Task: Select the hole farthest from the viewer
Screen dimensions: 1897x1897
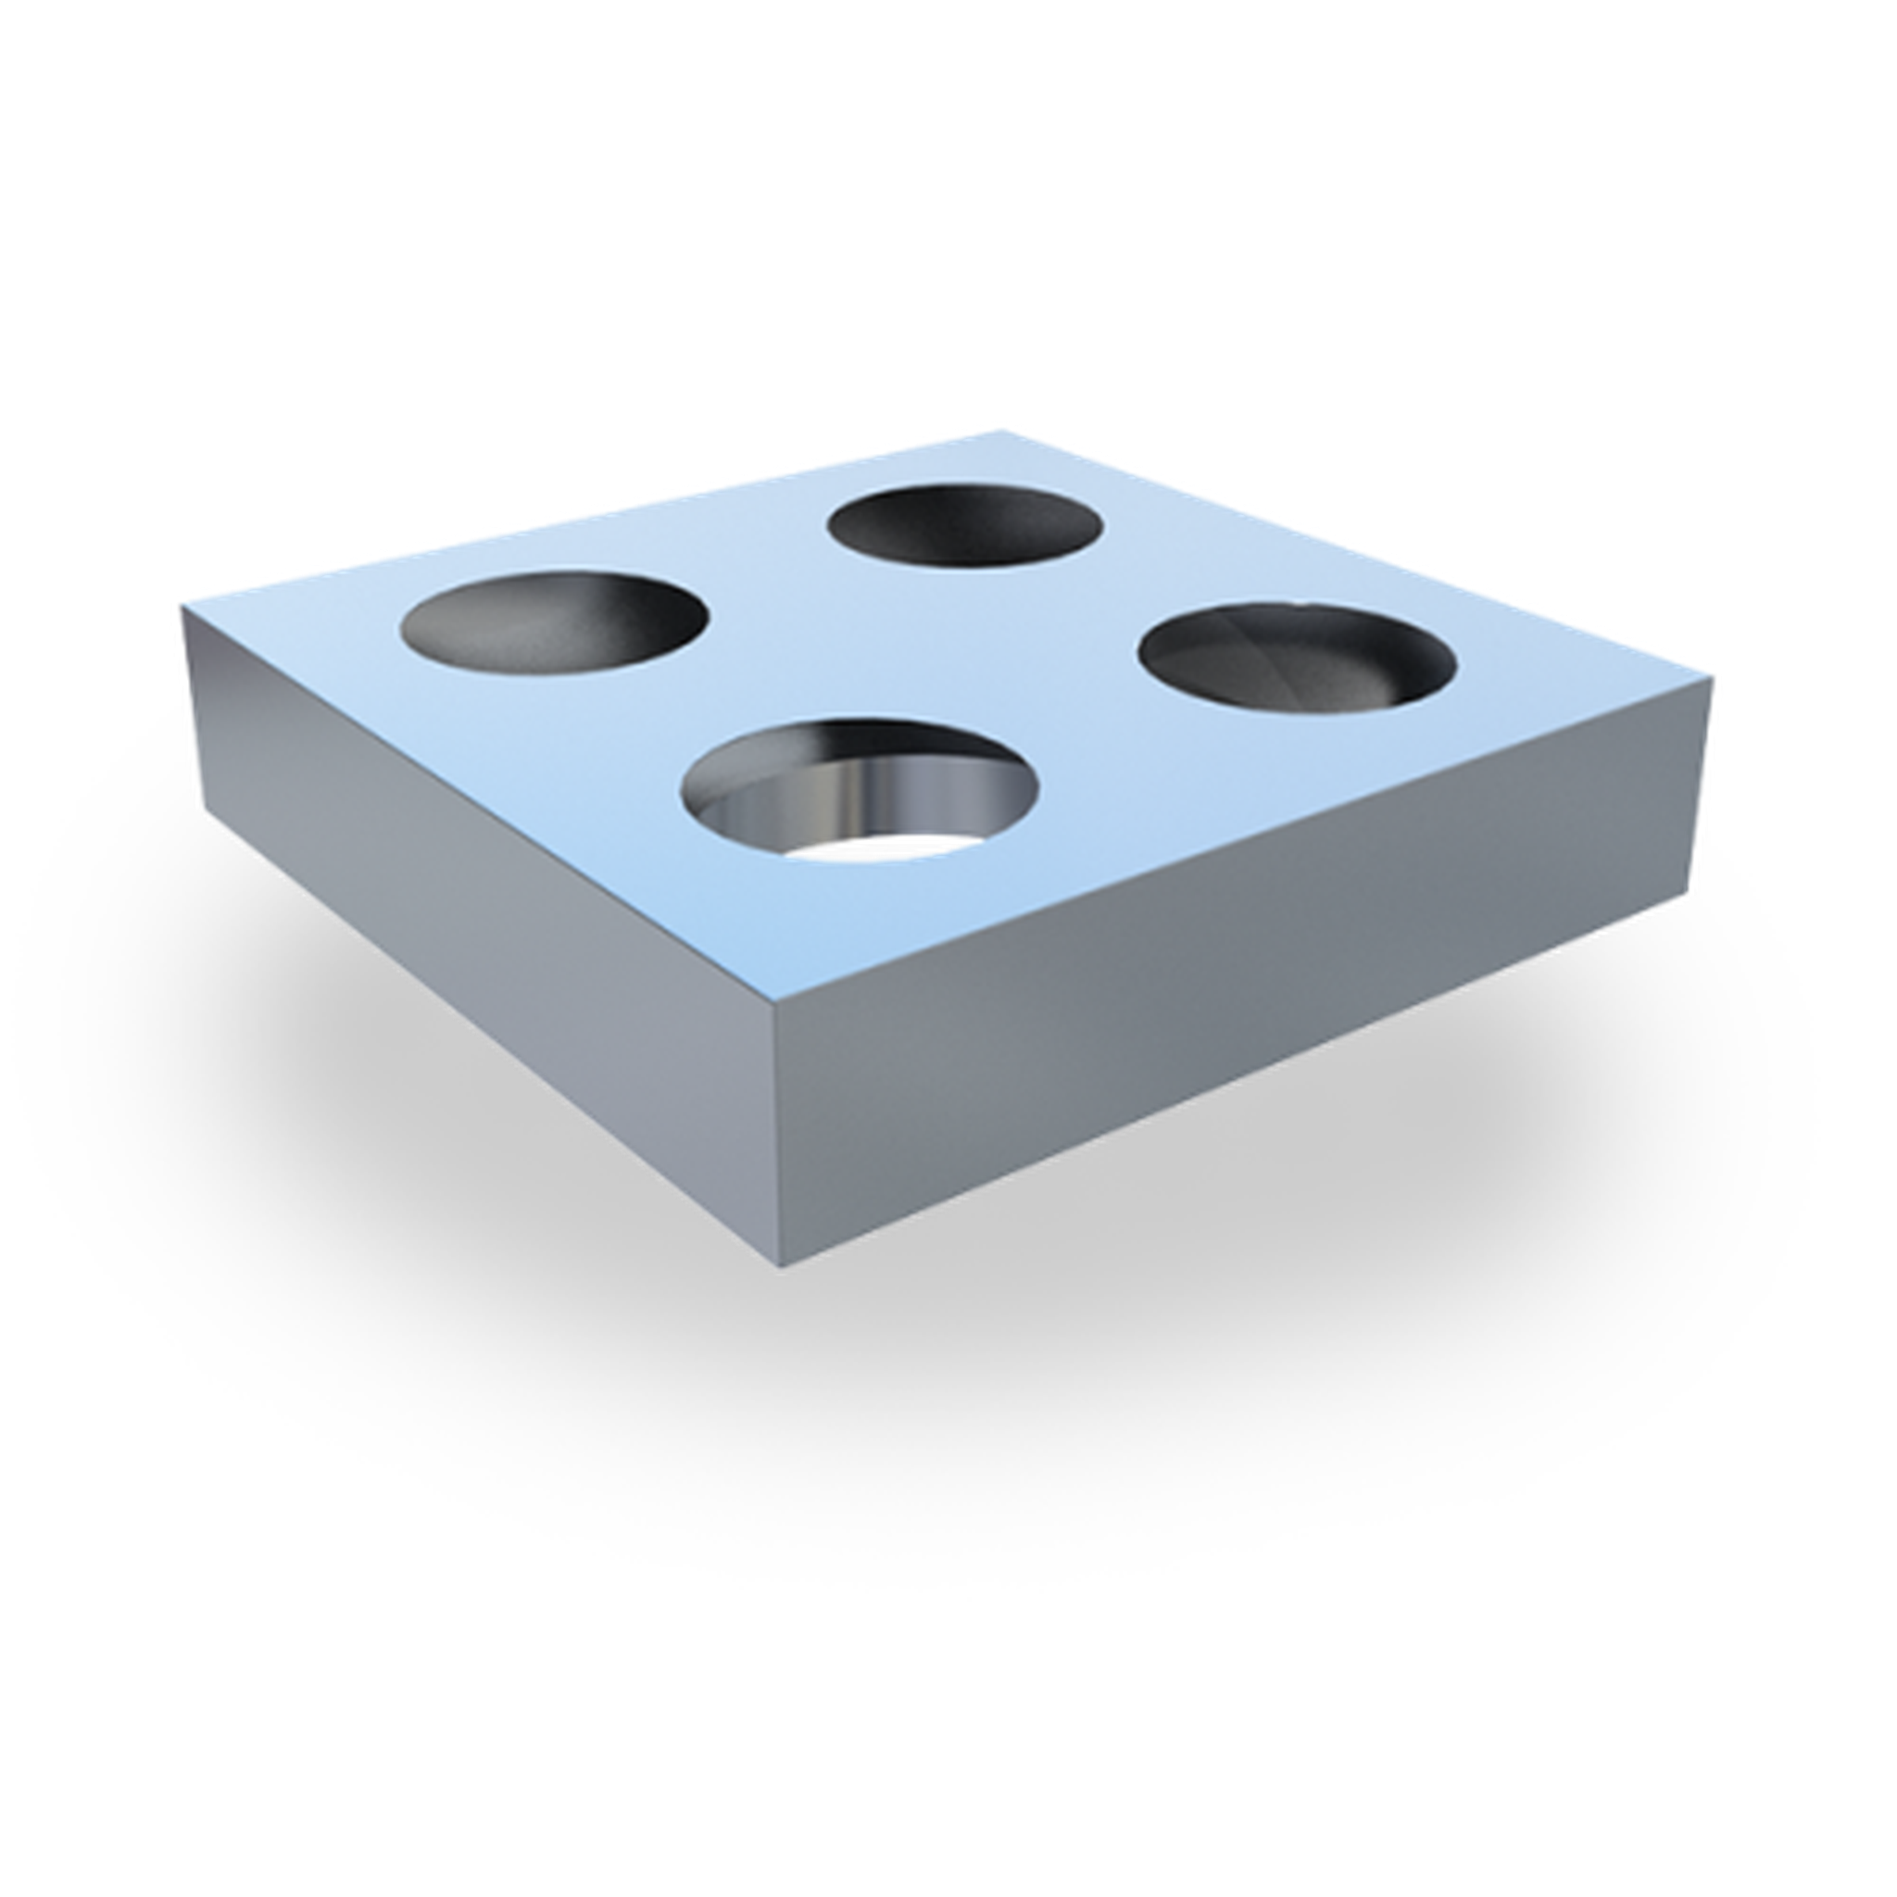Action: (964, 525)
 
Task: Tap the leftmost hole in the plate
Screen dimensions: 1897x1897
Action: (555, 620)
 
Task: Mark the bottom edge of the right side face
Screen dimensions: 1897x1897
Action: (1247, 1083)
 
